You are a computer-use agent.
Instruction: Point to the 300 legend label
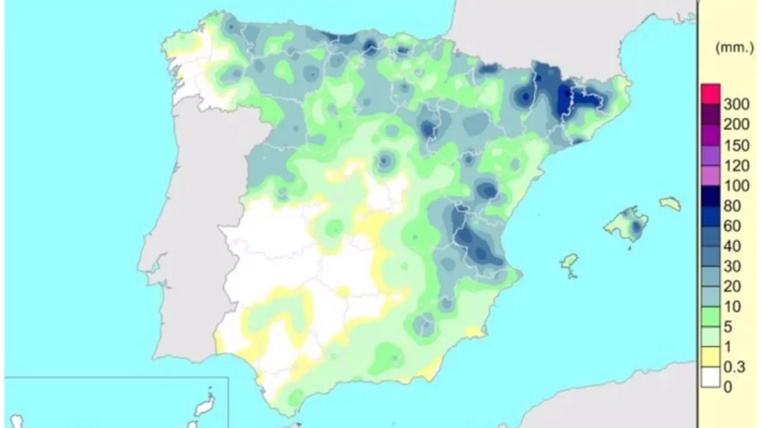click(x=736, y=105)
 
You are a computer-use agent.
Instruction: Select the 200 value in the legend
click(x=736, y=125)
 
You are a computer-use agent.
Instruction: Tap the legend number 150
click(x=736, y=146)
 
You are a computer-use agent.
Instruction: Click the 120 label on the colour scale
click(x=736, y=166)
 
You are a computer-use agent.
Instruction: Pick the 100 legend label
click(x=736, y=186)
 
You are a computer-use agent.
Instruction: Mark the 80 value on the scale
click(x=732, y=206)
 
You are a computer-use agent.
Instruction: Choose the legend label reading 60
click(x=732, y=226)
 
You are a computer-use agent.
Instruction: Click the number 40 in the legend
click(x=732, y=247)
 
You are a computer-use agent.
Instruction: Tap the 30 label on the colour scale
click(x=732, y=267)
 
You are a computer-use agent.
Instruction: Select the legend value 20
click(x=732, y=287)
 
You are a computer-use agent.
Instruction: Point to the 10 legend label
click(x=732, y=307)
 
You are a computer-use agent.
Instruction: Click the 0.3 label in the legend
click(x=733, y=367)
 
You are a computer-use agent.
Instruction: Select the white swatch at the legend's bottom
click(x=711, y=377)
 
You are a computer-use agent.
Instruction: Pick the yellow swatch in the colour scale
click(x=711, y=357)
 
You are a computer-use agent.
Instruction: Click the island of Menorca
click(x=670, y=203)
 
